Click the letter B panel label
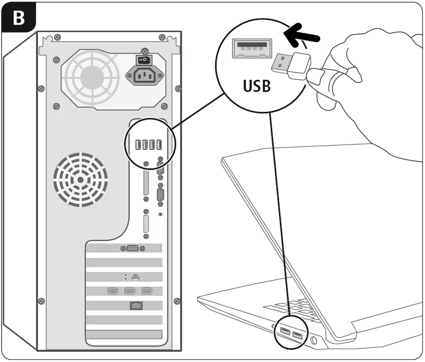[x=18, y=18]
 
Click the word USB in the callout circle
[x=257, y=86]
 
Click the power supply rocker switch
[x=143, y=60]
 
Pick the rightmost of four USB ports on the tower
[x=159, y=145]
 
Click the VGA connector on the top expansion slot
[x=131, y=249]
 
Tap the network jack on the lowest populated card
[x=135, y=306]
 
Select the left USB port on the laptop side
[x=284, y=333]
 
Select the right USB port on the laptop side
[x=297, y=336]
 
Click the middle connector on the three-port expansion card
[x=130, y=291]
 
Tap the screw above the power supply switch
[x=144, y=50]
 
